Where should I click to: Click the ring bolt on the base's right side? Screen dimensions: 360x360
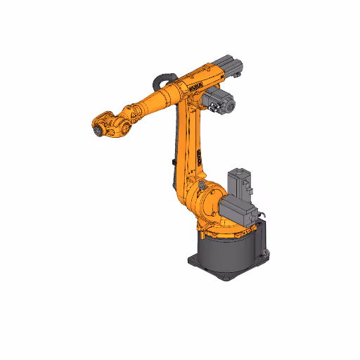point(265,250)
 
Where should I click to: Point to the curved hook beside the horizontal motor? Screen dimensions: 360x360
point(260,214)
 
